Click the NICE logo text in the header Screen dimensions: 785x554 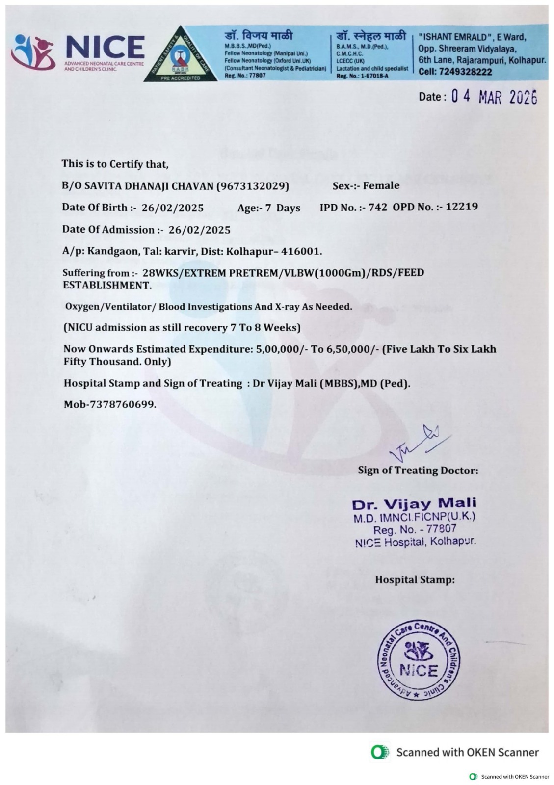(x=105, y=47)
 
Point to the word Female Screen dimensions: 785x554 (x=381, y=186)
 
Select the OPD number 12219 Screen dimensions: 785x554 (x=462, y=207)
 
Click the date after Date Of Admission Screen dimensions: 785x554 (x=199, y=230)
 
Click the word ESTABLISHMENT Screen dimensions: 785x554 (x=106, y=285)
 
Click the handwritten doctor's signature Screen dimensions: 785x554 (x=420, y=441)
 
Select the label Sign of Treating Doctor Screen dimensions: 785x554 (x=418, y=470)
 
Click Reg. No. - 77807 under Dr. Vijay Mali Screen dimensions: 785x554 (x=415, y=529)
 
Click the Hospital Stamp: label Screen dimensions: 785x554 (x=415, y=579)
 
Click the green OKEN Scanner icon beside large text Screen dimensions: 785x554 (x=380, y=752)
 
